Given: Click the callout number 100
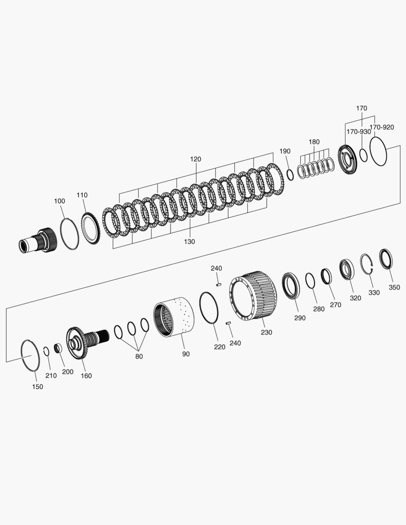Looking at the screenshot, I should pyautogui.click(x=59, y=201).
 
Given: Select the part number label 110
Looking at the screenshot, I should pyautogui.click(x=82, y=195).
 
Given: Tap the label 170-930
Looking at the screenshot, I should pyautogui.click(x=358, y=131).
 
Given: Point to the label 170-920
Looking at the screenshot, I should pyautogui.click(x=382, y=127).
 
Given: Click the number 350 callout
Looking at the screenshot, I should pyautogui.click(x=394, y=287).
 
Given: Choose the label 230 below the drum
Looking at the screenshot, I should pyautogui.click(x=266, y=332).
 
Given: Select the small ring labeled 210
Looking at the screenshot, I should pyautogui.click(x=46, y=351).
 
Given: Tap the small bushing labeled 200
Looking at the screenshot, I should pyautogui.click(x=57, y=349).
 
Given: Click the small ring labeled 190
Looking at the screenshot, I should pyautogui.click(x=290, y=175).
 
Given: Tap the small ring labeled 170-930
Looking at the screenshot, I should pyautogui.click(x=363, y=155).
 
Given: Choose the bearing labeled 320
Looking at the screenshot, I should pyautogui.click(x=347, y=269).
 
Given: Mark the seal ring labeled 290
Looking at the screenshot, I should pyautogui.click(x=291, y=286).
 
